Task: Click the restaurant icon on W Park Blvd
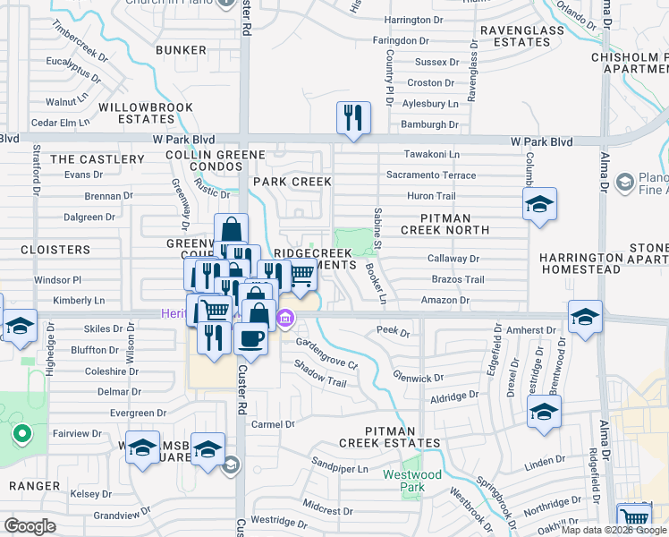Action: click(x=353, y=117)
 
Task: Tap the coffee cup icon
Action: click(x=250, y=340)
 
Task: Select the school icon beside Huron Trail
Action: click(x=540, y=204)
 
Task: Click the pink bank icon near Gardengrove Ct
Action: click(x=285, y=317)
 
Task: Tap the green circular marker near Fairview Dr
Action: click(x=21, y=436)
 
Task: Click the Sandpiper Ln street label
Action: click(x=340, y=468)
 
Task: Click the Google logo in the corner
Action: click(x=30, y=525)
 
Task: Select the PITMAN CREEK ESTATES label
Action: click(x=389, y=437)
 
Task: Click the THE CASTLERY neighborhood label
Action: click(x=97, y=159)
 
